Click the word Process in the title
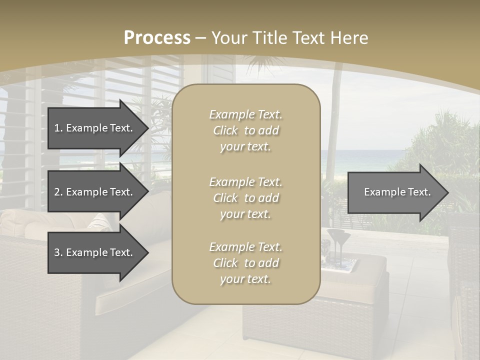157,38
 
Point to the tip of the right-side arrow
447,192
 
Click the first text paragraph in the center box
245,130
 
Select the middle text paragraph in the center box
245,198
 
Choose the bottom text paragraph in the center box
245,263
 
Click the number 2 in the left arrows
57,192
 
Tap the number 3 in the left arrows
57,252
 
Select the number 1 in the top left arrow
57,128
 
